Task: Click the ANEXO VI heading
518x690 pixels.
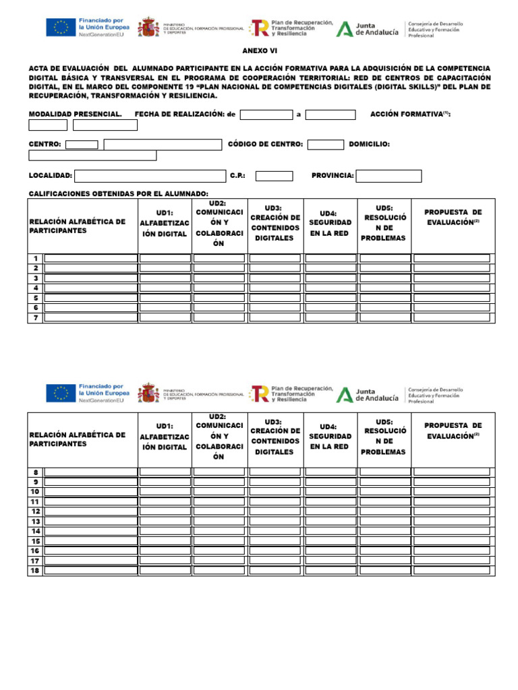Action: [260, 51]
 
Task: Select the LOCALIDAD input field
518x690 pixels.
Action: [150, 176]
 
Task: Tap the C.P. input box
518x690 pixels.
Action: [274, 176]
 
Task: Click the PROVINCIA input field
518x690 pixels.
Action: [388, 176]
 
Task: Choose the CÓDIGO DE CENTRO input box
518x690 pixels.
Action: [326, 144]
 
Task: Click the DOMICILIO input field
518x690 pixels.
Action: [92, 156]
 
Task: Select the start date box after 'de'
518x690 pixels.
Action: [266, 115]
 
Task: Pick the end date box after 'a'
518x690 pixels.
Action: [330, 115]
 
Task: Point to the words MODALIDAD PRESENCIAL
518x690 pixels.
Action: [75, 115]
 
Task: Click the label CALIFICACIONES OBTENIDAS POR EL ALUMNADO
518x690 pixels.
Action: [113, 194]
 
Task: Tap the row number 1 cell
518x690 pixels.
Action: [35, 259]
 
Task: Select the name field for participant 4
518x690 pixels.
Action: [91, 288]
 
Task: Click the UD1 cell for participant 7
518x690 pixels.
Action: [165, 318]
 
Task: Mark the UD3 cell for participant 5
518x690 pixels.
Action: [275, 298]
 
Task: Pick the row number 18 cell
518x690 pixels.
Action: [35, 571]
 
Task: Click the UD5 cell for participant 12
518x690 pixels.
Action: [384, 511]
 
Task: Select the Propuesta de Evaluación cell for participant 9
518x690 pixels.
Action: [451, 482]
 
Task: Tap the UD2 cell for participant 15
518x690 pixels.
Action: [219, 541]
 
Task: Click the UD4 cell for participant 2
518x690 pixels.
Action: [330, 268]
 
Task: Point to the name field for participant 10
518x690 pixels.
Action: [91, 492]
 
